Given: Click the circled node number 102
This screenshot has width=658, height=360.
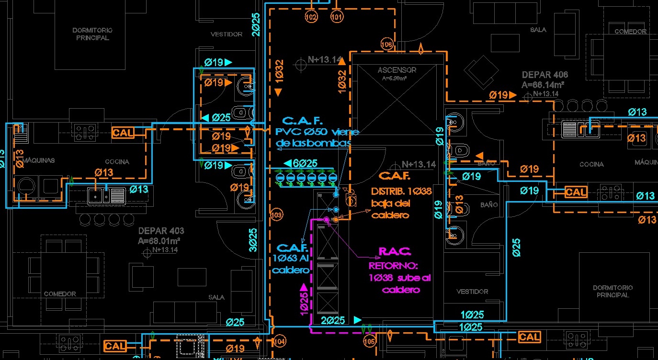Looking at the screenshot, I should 311,18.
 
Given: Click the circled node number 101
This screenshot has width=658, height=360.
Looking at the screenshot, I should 337,18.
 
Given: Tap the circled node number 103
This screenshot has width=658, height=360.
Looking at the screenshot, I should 276,215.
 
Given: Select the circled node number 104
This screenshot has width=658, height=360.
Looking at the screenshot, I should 279,342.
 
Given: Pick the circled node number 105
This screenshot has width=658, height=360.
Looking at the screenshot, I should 369,342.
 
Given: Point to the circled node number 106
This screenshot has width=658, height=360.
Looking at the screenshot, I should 386,45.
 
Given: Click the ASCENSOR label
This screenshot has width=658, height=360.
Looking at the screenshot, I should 397,70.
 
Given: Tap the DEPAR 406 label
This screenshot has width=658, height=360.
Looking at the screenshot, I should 545,75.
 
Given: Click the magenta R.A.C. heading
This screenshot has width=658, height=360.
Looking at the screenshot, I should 395,251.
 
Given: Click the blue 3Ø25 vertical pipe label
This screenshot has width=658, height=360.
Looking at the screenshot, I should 253,239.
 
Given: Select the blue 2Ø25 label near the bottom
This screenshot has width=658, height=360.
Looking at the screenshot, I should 333,320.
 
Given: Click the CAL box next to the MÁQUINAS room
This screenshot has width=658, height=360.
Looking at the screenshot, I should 123,133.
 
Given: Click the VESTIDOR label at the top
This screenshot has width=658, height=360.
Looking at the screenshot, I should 227,34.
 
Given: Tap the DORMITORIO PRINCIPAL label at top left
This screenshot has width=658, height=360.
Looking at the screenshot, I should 92,34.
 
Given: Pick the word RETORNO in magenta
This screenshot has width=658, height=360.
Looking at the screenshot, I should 393,265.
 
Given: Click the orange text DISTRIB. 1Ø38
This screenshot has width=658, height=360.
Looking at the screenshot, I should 401,191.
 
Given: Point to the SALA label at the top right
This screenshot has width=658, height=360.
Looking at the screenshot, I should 538,30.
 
